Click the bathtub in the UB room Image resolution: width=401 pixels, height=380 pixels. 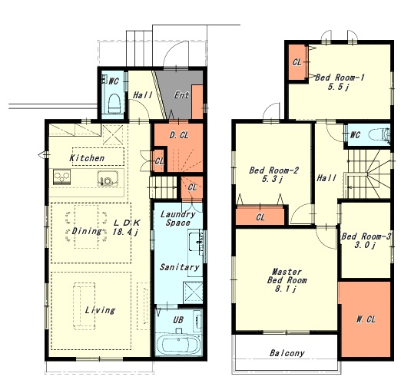(x=178, y=344)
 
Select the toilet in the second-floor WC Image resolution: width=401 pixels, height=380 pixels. (x=379, y=134)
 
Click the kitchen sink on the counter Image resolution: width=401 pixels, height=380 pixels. (x=108, y=178)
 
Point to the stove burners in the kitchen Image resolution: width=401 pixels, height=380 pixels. (x=61, y=177)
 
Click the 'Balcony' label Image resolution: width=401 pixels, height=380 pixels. (x=287, y=353)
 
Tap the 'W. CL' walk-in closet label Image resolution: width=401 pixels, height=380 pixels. (x=366, y=319)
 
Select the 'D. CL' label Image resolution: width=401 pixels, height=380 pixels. (x=179, y=135)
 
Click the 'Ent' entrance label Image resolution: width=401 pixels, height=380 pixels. (x=181, y=95)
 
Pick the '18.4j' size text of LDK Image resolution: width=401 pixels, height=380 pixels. (x=125, y=232)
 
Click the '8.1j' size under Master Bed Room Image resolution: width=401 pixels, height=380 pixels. (x=286, y=289)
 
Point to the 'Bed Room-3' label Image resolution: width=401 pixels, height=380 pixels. (x=366, y=236)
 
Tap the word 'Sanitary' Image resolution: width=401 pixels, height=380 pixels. (x=179, y=267)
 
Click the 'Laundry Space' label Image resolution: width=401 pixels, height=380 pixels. (x=177, y=218)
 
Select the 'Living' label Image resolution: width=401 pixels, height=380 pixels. (x=100, y=310)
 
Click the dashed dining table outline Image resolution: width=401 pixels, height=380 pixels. (x=86, y=226)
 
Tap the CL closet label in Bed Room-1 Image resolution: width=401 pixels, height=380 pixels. (x=297, y=62)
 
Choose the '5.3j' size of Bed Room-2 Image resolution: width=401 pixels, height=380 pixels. (x=272, y=179)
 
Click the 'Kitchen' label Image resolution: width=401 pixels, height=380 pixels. (x=87, y=158)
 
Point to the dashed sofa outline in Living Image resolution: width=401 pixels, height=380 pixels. (x=85, y=306)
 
